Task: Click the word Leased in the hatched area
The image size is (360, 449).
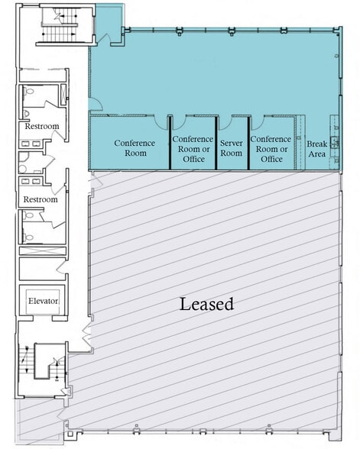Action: [x=206, y=304]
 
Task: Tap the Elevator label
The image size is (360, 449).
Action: [x=43, y=301]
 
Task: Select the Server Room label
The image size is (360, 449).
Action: [x=231, y=148]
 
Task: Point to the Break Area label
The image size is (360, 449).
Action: [x=316, y=149]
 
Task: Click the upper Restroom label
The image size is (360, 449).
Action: [x=41, y=127]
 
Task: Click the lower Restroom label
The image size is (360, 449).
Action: [x=41, y=199]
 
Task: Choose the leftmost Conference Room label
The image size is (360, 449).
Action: [x=135, y=148]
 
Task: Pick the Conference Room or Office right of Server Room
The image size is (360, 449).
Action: [x=271, y=148]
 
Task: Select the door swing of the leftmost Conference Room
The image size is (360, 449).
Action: [x=160, y=121]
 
